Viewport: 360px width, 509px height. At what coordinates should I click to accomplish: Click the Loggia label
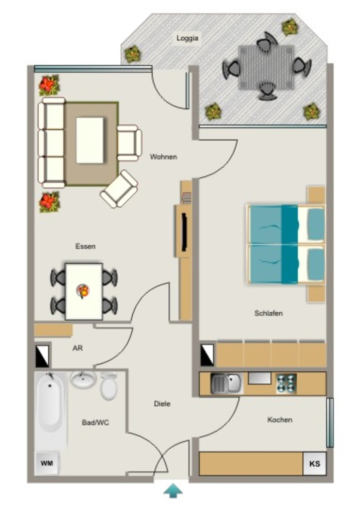point(187,38)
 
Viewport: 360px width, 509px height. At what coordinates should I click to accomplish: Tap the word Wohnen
point(163,157)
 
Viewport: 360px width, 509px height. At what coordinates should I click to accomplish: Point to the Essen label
point(86,247)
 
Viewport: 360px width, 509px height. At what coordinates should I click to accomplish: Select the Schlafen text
point(269,313)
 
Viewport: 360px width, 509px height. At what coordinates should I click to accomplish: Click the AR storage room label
point(78,348)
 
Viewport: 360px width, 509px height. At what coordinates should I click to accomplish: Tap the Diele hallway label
point(162,404)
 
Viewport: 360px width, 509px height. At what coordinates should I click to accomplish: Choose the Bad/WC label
point(95,423)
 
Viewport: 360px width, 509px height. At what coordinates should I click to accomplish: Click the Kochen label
point(279,420)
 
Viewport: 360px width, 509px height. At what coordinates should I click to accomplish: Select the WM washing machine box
point(47,463)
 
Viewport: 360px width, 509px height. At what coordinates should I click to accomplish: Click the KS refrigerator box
point(315,464)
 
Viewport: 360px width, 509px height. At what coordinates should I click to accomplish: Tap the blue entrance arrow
point(173,490)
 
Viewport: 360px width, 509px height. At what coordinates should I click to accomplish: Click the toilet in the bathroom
point(109,386)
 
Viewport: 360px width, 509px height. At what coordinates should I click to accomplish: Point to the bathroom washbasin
point(83,379)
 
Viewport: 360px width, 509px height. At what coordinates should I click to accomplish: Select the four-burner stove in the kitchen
point(286,384)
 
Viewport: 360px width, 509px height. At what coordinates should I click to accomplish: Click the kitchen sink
point(226,383)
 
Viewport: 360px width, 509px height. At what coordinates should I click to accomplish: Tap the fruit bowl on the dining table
point(83,291)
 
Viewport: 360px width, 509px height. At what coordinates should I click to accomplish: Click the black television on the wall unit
point(184,232)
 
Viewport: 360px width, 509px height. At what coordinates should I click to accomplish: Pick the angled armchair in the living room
point(119,189)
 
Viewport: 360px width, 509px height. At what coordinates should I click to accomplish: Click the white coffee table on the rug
point(90,140)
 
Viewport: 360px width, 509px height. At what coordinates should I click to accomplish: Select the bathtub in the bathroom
point(49,403)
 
